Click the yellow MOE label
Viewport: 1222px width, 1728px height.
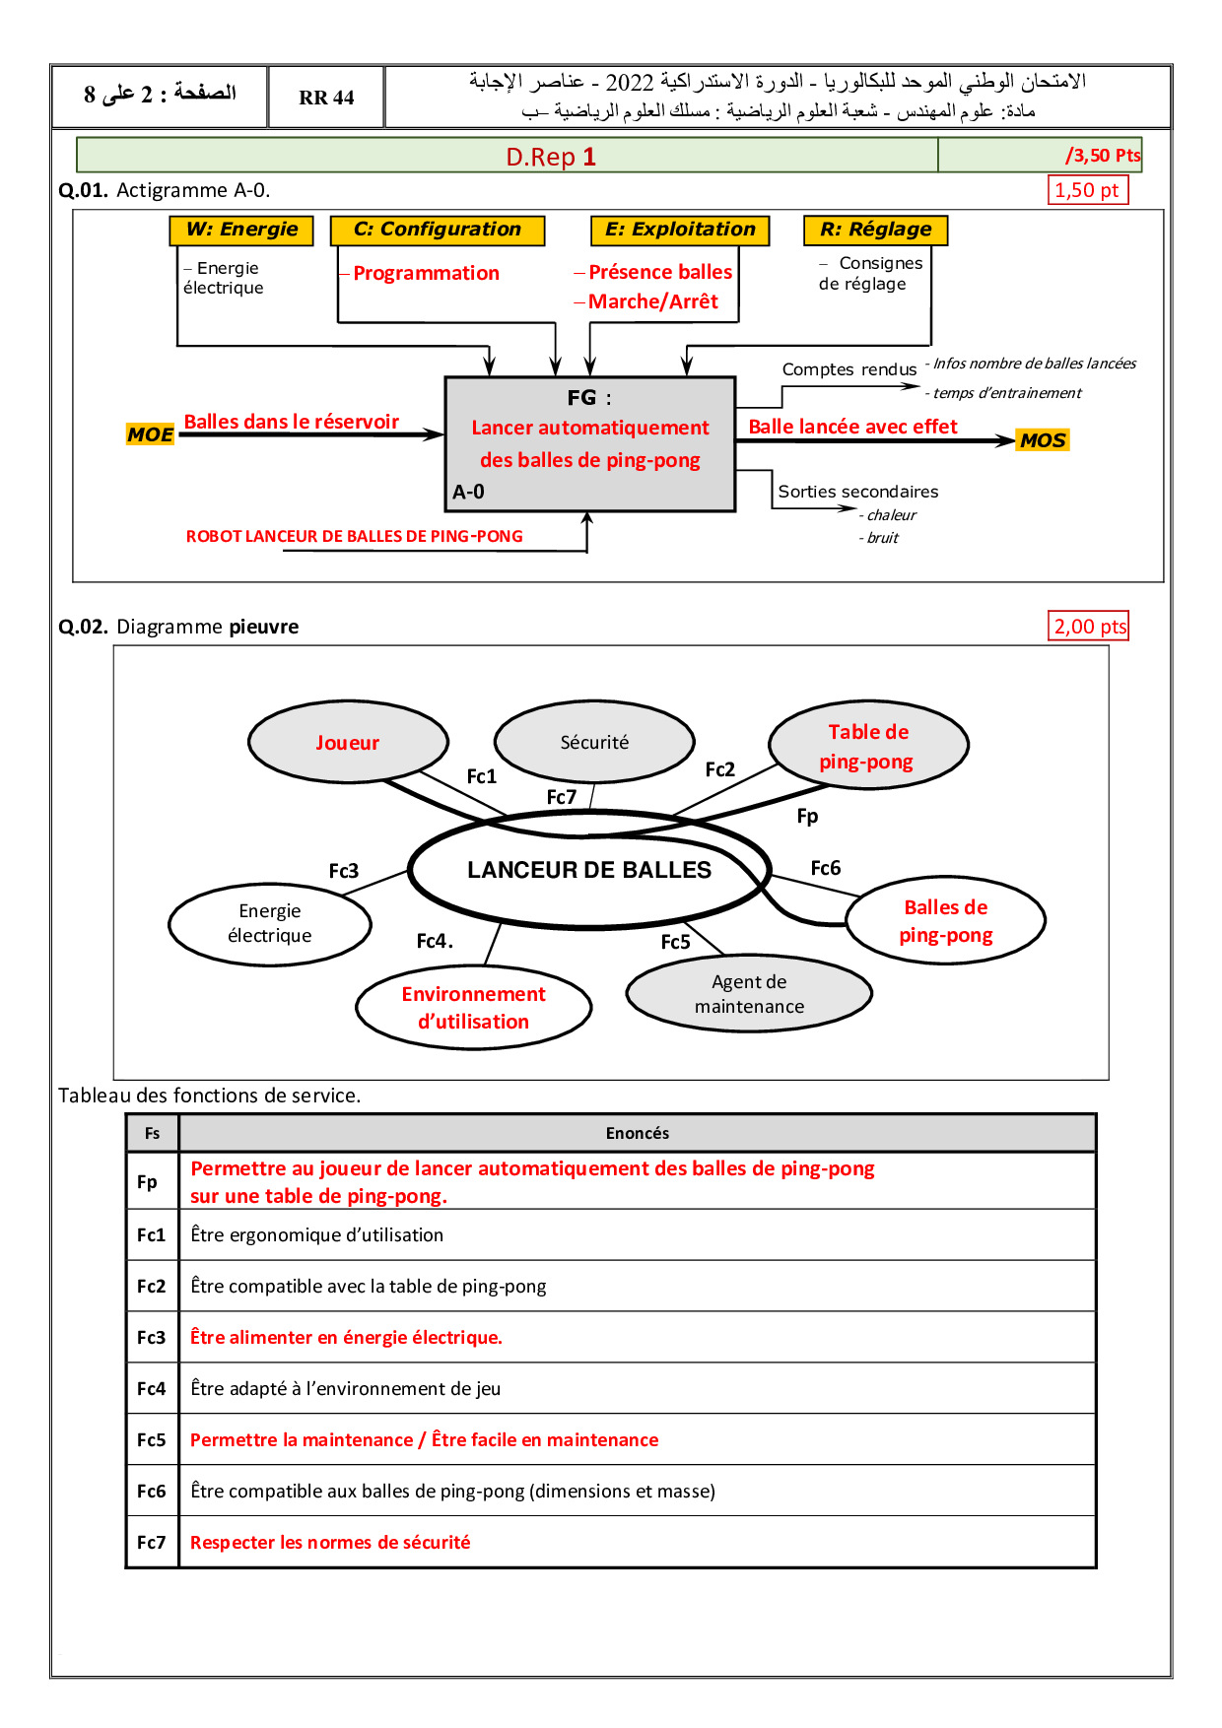click(150, 434)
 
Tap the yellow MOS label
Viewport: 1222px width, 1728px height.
click(1043, 440)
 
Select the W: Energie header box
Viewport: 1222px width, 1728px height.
click(241, 230)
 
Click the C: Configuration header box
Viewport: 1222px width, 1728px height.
click(438, 230)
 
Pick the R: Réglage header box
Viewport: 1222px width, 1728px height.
click(875, 230)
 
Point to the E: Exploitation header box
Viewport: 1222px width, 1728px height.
click(680, 230)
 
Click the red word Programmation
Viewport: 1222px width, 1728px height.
click(426, 273)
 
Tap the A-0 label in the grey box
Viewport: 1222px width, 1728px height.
click(468, 492)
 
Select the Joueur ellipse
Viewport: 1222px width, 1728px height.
click(348, 743)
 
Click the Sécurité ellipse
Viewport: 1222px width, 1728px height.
click(594, 743)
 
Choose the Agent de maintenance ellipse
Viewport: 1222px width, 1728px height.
click(749, 994)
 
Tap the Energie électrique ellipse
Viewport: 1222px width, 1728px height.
click(270, 923)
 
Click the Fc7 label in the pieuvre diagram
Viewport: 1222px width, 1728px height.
click(562, 797)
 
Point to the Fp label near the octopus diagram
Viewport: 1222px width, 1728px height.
click(807, 816)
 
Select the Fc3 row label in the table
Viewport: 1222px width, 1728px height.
click(152, 1337)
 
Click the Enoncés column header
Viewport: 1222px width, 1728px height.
click(637, 1133)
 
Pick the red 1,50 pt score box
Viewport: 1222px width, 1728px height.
click(1087, 190)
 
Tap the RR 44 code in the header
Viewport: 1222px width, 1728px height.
click(326, 98)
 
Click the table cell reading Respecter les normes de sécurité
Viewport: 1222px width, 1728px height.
click(330, 1542)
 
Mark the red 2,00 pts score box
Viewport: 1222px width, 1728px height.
click(1089, 627)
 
